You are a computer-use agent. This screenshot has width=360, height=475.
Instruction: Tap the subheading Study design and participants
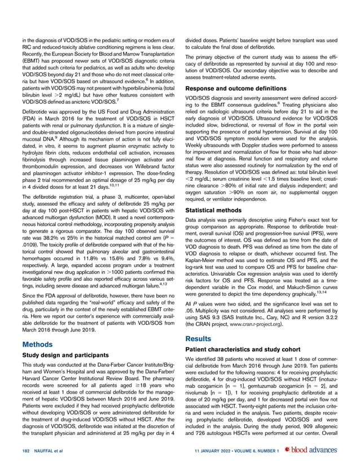coord(67,355)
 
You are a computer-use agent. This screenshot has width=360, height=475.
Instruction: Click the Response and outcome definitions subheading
coord(232,89)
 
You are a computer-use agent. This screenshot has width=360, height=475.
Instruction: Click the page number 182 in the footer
coord(27,450)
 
